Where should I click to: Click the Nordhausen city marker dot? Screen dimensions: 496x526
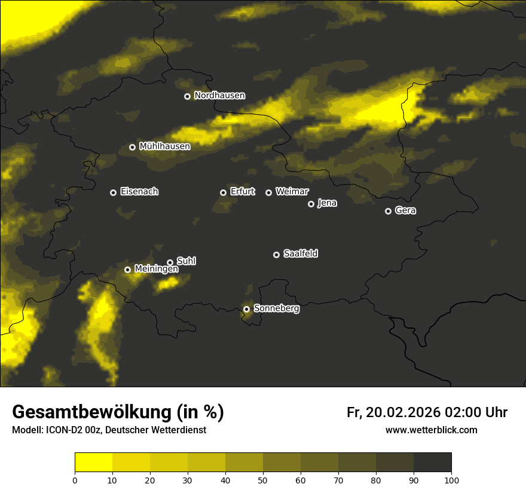pyautogui.click(x=187, y=96)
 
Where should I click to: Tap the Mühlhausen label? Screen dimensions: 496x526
pyautogui.click(x=164, y=146)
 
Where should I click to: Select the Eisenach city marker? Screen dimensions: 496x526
pyautogui.click(x=113, y=192)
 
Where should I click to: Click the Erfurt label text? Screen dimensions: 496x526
pyautogui.click(x=242, y=192)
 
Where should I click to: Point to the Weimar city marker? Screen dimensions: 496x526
pyautogui.click(x=268, y=192)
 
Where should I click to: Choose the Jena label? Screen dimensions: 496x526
pyautogui.click(x=327, y=203)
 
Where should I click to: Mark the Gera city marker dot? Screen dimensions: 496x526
pyautogui.click(x=388, y=211)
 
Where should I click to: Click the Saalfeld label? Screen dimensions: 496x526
pyautogui.click(x=301, y=254)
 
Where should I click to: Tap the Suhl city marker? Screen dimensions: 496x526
pyautogui.click(x=170, y=262)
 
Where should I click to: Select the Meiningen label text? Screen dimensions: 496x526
pyautogui.click(x=156, y=270)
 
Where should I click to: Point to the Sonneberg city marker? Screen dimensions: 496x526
pyautogui.click(x=246, y=309)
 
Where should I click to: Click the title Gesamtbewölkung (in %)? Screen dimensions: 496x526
pyautogui.click(x=118, y=412)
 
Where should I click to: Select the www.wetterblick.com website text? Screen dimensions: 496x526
pyautogui.click(x=431, y=430)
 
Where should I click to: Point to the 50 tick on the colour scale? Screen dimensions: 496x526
pyautogui.click(x=263, y=479)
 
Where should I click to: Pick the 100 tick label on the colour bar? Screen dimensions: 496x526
pyautogui.click(x=451, y=479)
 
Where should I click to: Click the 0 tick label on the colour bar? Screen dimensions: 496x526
pyautogui.click(x=75, y=479)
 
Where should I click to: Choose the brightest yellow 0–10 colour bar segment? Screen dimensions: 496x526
pyautogui.click(x=93, y=463)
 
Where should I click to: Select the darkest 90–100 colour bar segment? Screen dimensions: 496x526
pyautogui.click(x=432, y=463)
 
